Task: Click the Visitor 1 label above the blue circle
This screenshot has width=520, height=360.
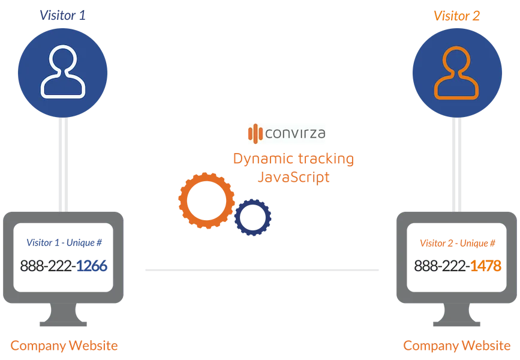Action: click(x=62, y=14)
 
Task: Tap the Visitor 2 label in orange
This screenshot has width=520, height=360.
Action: click(x=457, y=17)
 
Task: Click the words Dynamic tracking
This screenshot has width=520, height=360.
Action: click(x=293, y=160)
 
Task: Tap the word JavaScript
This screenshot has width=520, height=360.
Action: click(x=294, y=178)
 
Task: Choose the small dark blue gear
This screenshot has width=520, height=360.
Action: click(x=253, y=217)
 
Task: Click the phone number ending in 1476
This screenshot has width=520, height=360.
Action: click(x=458, y=266)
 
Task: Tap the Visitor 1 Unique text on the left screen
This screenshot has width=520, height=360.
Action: click(x=64, y=243)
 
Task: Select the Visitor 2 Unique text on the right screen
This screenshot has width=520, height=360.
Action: click(x=458, y=244)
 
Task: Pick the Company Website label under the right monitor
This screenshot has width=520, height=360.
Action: click(x=457, y=346)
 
